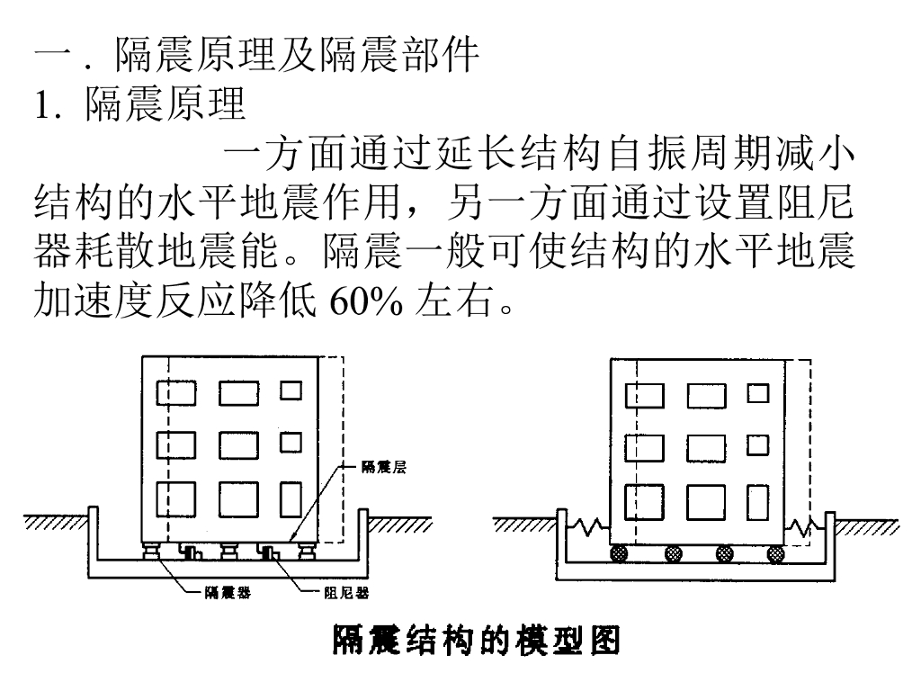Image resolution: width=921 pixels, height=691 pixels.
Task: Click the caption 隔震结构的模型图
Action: pyautogui.click(x=477, y=640)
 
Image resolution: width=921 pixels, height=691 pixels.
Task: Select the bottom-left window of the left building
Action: pyautogui.click(x=177, y=500)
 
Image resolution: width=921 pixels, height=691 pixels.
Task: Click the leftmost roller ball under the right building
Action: pyautogui.click(x=618, y=553)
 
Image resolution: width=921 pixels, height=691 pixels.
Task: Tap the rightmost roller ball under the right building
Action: pyautogui.click(x=774, y=553)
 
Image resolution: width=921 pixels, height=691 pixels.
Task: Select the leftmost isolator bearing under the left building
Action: pyautogui.click(x=149, y=551)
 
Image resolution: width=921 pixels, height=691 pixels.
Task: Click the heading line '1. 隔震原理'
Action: pyautogui.click(x=139, y=104)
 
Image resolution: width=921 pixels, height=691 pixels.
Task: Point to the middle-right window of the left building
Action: pyautogui.click(x=290, y=443)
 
